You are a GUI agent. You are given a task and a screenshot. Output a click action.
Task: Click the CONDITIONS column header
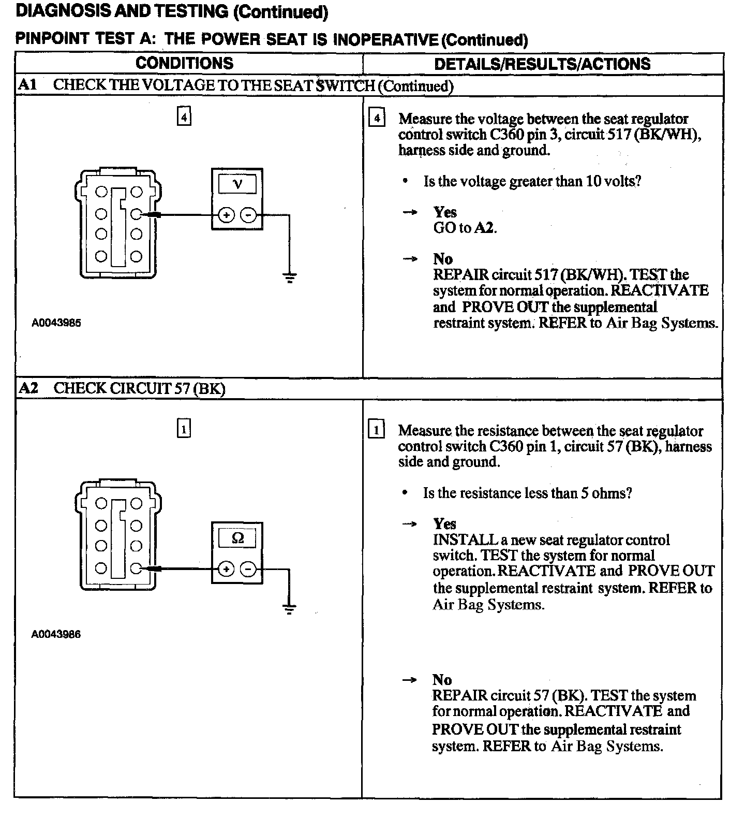click(184, 63)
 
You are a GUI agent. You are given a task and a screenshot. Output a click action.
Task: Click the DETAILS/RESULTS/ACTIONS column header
click(542, 64)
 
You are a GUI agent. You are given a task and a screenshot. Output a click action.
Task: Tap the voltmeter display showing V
click(237, 184)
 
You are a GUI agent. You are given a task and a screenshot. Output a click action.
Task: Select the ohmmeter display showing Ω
click(237, 538)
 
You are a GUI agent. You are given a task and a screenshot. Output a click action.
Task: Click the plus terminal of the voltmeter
click(226, 214)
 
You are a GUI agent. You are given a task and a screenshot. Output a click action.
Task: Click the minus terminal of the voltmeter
click(249, 214)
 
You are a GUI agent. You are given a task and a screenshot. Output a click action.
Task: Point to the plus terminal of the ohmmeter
click(226, 570)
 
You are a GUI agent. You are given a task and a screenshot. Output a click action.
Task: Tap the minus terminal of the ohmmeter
click(249, 570)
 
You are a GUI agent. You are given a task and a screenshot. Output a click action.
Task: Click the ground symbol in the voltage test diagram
click(290, 278)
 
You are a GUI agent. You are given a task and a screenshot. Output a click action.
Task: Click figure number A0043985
click(56, 323)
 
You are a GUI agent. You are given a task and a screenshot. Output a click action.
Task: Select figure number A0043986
click(56, 634)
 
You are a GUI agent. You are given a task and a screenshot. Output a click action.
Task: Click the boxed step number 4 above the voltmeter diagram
click(184, 116)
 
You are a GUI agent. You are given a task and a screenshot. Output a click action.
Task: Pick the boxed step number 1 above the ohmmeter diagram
click(184, 429)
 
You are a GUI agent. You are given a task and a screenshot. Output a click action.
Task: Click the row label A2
click(28, 388)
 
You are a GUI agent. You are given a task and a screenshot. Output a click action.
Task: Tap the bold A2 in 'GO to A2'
click(485, 228)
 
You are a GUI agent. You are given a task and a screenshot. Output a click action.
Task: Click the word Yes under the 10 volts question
click(445, 212)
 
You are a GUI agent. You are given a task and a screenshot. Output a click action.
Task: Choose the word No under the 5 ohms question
click(442, 680)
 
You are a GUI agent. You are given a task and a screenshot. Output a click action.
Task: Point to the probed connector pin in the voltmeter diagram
click(136, 213)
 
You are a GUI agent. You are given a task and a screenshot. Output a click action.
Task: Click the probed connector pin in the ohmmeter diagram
click(136, 568)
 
